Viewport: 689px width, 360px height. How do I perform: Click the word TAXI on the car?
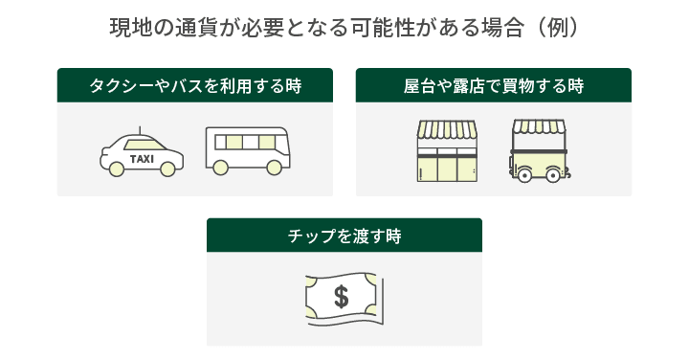142,159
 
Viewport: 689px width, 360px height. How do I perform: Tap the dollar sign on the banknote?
342,296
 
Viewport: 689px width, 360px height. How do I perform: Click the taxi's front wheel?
167,169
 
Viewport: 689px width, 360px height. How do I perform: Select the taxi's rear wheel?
117,169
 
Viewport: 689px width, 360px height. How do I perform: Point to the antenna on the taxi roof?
140,130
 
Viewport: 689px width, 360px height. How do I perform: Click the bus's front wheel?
274,168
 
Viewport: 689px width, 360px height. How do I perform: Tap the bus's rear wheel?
220,168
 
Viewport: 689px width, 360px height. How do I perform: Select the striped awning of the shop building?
447,129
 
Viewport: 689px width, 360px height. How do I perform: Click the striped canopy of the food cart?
539,126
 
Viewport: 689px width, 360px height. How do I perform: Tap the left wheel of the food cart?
524,175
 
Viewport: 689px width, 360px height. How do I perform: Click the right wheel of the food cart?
553,175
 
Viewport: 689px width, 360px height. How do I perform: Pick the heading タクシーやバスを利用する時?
195,86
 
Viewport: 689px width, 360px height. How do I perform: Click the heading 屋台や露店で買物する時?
494,86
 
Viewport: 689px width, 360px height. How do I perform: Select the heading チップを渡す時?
344,236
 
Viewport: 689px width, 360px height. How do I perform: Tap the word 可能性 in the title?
384,28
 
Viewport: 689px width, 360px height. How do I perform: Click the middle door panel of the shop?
447,169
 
